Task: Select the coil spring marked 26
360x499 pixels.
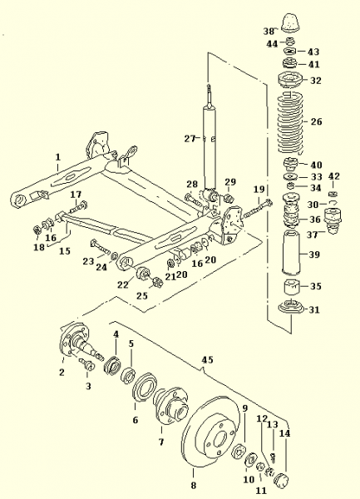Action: pyautogui.click(x=290, y=122)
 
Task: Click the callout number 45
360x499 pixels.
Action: pyautogui.click(x=207, y=360)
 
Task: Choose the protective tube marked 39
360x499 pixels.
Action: pyautogui.click(x=291, y=254)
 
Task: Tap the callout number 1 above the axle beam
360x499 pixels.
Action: pyautogui.click(x=58, y=157)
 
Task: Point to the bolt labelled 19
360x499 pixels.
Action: pyautogui.click(x=257, y=208)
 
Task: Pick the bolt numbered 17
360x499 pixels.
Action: pyautogui.click(x=77, y=207)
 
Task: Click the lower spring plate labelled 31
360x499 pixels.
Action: pyautogui.click(x=291, y=309)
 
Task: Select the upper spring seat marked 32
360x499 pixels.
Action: pyautogui.click(x=291, y=80)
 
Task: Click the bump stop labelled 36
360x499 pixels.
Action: pyautogui.click(x=291, y=210)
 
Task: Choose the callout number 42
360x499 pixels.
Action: pyautogui.click(x=334, y=176)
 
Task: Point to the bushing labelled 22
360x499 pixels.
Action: pyautogui.click(x=144, y=273)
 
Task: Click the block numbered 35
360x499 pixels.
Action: pyautogui.click(x=291, y=287)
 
